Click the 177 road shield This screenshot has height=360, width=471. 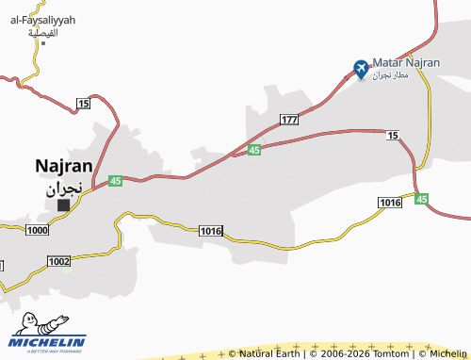(289, 120)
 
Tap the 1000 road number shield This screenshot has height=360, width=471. (38, 230)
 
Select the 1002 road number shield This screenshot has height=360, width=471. (58, 261)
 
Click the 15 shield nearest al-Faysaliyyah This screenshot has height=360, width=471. (84, 102)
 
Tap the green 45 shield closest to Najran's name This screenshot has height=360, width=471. (115, 180)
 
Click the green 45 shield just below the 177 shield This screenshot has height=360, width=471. (254, 150)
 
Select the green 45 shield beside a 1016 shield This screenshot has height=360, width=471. (421, 199)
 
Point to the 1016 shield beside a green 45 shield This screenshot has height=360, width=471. (390, 202)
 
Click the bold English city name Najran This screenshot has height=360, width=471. (63, 165)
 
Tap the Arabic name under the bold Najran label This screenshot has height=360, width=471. (64, 187)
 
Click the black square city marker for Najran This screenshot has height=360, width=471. (64, 205)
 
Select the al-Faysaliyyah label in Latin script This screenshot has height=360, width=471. (43, 20)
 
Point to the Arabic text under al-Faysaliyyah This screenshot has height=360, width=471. (43, 33)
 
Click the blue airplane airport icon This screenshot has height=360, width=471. (361, 67)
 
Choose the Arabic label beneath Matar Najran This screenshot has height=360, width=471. (390, 74)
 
